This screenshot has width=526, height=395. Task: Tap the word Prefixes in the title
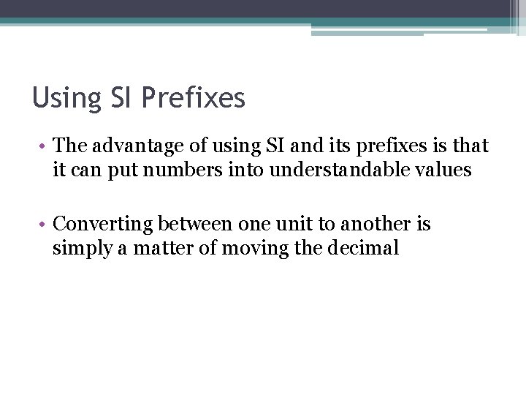click(x=194, y=97)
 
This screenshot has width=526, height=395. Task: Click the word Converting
click(x=103, y=224)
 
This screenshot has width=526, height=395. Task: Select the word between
click(x=196, y=224)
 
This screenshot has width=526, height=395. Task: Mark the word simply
click(x=80, y=249)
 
